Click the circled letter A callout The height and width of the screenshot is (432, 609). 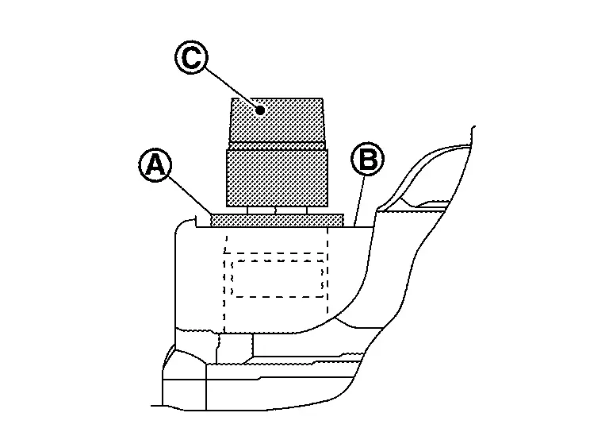click(x=155, y=166)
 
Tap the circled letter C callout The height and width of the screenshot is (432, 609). click(x=189, y=58)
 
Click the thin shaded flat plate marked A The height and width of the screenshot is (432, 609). click(x=277, y=219)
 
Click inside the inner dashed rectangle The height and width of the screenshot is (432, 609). click(x=277, y=279)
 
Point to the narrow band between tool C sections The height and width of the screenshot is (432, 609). click(x=277, y=145)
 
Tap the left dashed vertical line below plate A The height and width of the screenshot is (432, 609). click(x=225, y=278)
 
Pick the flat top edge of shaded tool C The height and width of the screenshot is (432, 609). click(x=277, y=98)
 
